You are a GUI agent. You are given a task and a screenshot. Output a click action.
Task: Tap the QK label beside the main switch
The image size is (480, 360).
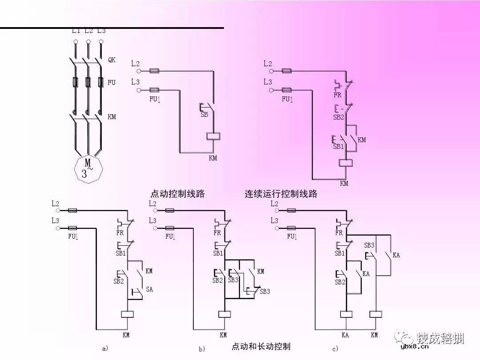112,60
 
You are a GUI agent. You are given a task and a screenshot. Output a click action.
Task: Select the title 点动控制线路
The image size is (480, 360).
178,194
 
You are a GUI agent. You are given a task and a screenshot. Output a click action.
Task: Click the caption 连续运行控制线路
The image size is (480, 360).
281,194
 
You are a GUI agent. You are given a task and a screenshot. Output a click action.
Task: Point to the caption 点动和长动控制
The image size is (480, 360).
261,346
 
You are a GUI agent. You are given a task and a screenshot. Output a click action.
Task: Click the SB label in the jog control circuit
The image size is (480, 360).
204,114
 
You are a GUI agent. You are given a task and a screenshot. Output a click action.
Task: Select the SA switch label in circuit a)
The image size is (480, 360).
149,289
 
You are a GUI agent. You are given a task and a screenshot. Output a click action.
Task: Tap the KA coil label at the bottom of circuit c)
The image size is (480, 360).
345,335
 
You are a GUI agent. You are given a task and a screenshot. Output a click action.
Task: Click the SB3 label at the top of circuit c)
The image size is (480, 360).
369,245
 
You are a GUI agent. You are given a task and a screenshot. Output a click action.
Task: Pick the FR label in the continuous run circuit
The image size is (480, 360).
337,95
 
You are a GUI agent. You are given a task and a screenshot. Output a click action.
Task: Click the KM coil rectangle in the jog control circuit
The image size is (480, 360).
214,136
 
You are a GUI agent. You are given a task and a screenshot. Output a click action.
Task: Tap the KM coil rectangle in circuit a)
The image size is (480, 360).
128,314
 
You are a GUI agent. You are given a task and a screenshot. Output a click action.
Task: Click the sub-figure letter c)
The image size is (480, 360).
335,348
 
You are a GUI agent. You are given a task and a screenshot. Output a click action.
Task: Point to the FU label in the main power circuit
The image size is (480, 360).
111,82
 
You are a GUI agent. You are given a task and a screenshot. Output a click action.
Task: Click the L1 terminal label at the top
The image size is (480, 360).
76,31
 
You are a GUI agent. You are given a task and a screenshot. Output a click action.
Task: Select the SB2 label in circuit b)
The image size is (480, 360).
217,280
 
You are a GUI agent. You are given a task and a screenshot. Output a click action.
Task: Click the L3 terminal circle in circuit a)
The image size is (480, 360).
58,228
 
